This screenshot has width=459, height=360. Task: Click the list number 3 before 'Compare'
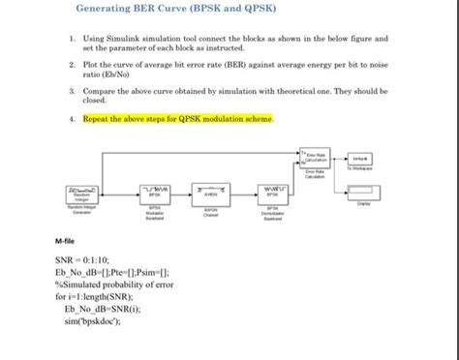pyautogui.click(x=72, y=89)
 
